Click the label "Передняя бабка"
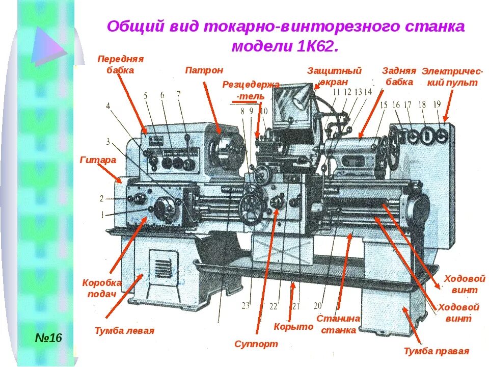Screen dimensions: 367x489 (120, 65)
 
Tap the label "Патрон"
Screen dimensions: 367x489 (204, 70)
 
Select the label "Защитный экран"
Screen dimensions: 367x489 (334, 76)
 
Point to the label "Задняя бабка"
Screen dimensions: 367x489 (399, 76)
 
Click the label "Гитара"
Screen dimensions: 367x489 (98, 160)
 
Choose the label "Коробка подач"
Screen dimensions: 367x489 (102, 288)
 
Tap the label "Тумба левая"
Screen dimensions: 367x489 (124, 331)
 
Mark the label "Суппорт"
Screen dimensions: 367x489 (256, 344)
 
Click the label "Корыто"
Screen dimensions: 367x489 (293, 327)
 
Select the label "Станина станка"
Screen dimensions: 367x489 (338, 324)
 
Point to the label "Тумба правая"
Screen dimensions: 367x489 (436, 351)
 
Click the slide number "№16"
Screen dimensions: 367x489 (48, 338)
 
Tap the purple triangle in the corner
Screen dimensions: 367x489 (47, 46)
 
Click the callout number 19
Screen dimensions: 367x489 (437, 104)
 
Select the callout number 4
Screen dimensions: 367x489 (108, 106)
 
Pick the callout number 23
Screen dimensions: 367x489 (246, 305)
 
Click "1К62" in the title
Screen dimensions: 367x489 (316, 46)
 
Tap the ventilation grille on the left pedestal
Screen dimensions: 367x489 (162, 267)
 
